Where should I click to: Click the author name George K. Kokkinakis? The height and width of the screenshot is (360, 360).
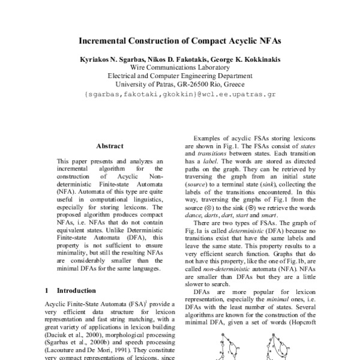[245, 60]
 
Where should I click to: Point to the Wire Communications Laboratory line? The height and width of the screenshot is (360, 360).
[179, 68]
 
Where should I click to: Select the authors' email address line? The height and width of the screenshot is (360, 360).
[180, 94]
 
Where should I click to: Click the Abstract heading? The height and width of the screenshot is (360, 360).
[110, 146]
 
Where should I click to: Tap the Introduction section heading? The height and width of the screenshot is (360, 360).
[80, 290]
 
